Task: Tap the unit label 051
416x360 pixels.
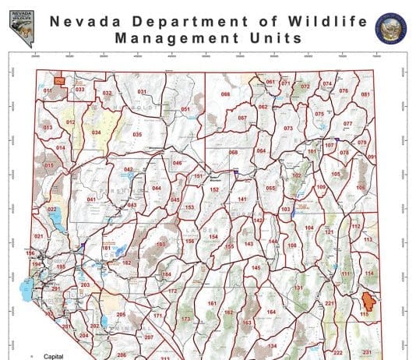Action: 185,109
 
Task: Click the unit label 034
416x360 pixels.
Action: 97,132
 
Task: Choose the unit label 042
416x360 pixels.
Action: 129,169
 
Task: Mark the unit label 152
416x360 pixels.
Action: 214,189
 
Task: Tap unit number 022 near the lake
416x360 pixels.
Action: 52,210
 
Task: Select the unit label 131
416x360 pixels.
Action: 298,288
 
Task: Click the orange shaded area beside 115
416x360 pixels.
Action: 368,300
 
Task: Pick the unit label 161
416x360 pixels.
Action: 211,302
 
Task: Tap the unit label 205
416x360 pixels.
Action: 121,314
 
